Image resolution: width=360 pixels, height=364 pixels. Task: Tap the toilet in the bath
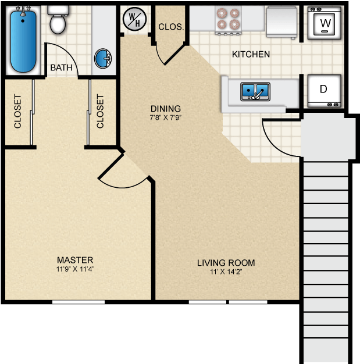58,20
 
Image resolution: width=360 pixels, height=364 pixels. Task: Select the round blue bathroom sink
103,59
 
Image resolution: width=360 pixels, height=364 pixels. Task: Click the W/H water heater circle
134,19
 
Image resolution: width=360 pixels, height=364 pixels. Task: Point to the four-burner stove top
229,20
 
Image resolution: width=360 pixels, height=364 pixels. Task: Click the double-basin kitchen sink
255,91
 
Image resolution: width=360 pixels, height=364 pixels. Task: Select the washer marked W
325,23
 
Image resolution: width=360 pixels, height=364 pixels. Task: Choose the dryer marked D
325,91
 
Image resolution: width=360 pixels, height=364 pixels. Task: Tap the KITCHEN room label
251,54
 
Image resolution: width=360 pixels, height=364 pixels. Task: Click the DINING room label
166,109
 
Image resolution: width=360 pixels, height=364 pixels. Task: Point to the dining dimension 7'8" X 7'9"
166,117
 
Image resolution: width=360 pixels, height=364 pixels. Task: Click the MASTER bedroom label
75,260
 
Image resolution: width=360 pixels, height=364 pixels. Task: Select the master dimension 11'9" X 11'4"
75,269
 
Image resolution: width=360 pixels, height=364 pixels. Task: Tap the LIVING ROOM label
226,263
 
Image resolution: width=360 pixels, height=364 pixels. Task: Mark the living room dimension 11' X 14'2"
226,272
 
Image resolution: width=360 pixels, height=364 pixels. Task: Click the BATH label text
61,68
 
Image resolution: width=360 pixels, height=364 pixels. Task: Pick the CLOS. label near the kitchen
171,27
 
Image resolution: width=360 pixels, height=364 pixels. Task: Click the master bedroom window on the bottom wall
79,302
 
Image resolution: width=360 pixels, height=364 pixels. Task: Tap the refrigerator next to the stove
281,22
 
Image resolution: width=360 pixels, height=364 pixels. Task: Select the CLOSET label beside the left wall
17,111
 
